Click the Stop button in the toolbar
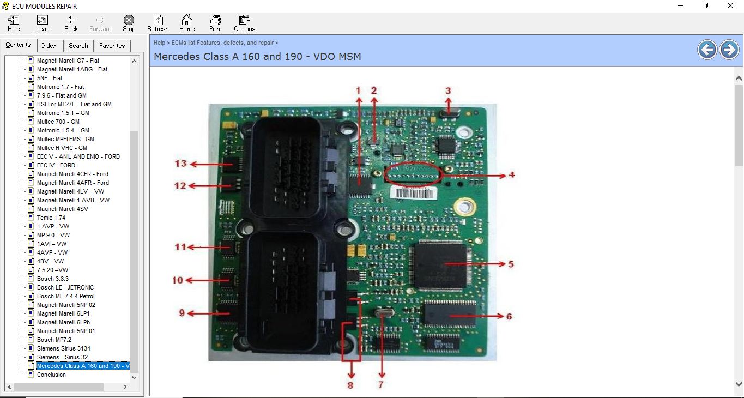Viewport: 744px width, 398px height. coord(129,23)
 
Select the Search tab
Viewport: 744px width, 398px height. coord(78,46)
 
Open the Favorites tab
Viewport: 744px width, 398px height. coord(112,46)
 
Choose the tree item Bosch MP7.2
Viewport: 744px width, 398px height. coord(54,340)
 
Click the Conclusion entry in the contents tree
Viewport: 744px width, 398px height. coord(51,375)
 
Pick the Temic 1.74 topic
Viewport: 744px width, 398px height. coord(51,218)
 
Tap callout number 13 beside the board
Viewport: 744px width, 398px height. coord(181,164)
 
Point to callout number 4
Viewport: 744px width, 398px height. coord(511,175)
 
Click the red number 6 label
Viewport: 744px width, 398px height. coord(509,316)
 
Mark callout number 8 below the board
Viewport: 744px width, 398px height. coord(350,385)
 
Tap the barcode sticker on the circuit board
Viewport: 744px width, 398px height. coord(414,192)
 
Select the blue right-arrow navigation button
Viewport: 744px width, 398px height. coord(729,50)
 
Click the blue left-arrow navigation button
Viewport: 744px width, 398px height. coord(707,50)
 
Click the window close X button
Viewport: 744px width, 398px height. coord(730,5)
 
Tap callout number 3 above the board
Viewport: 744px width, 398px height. coord(448,91)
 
